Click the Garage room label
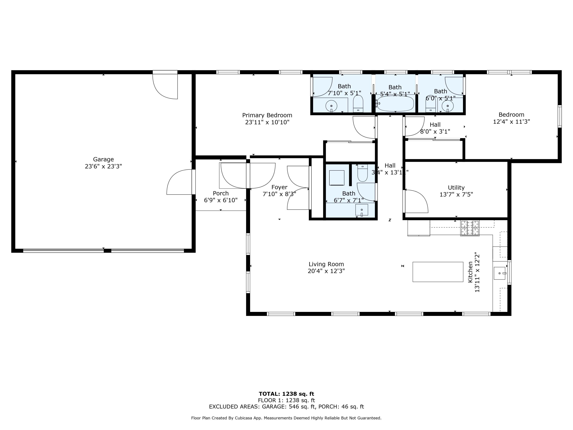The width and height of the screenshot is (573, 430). [x=103, y=159]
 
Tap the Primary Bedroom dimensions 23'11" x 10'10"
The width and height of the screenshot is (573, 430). [x=267, y=122]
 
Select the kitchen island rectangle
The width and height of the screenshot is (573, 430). [x=438, y=272]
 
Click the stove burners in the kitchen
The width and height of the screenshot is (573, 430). [x=470, y=228]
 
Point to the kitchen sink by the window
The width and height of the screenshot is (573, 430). [x=499, y=273]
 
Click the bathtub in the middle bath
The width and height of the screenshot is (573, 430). [x=395, y=104]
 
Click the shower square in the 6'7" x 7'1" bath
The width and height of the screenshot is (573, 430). [x=337, y=178]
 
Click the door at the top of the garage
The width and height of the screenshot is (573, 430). [x=165, y=86]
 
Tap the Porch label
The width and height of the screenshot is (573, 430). [x=221, y=193]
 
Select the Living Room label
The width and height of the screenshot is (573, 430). [x=326, y=264]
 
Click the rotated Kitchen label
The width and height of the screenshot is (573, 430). [x=470, y=272]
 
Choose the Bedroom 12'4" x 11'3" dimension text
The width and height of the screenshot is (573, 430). [x=511, y=122]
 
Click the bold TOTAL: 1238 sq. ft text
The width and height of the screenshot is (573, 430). [x=286, y=394]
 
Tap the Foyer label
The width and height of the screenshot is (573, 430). [x=279, y=187]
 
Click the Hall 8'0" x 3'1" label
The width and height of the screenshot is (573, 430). [x=435, y=128]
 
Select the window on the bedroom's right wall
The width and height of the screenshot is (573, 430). [x=559, y=116]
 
